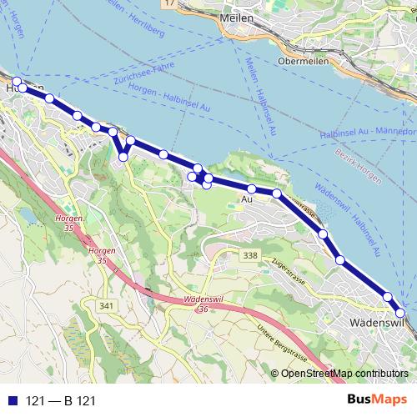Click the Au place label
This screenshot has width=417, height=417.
246,199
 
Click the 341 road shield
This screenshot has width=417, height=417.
106,307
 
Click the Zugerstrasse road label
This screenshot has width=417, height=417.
291,264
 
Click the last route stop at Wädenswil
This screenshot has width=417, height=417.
400,313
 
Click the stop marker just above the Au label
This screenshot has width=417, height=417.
251,189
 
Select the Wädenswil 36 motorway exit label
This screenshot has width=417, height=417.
192,306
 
